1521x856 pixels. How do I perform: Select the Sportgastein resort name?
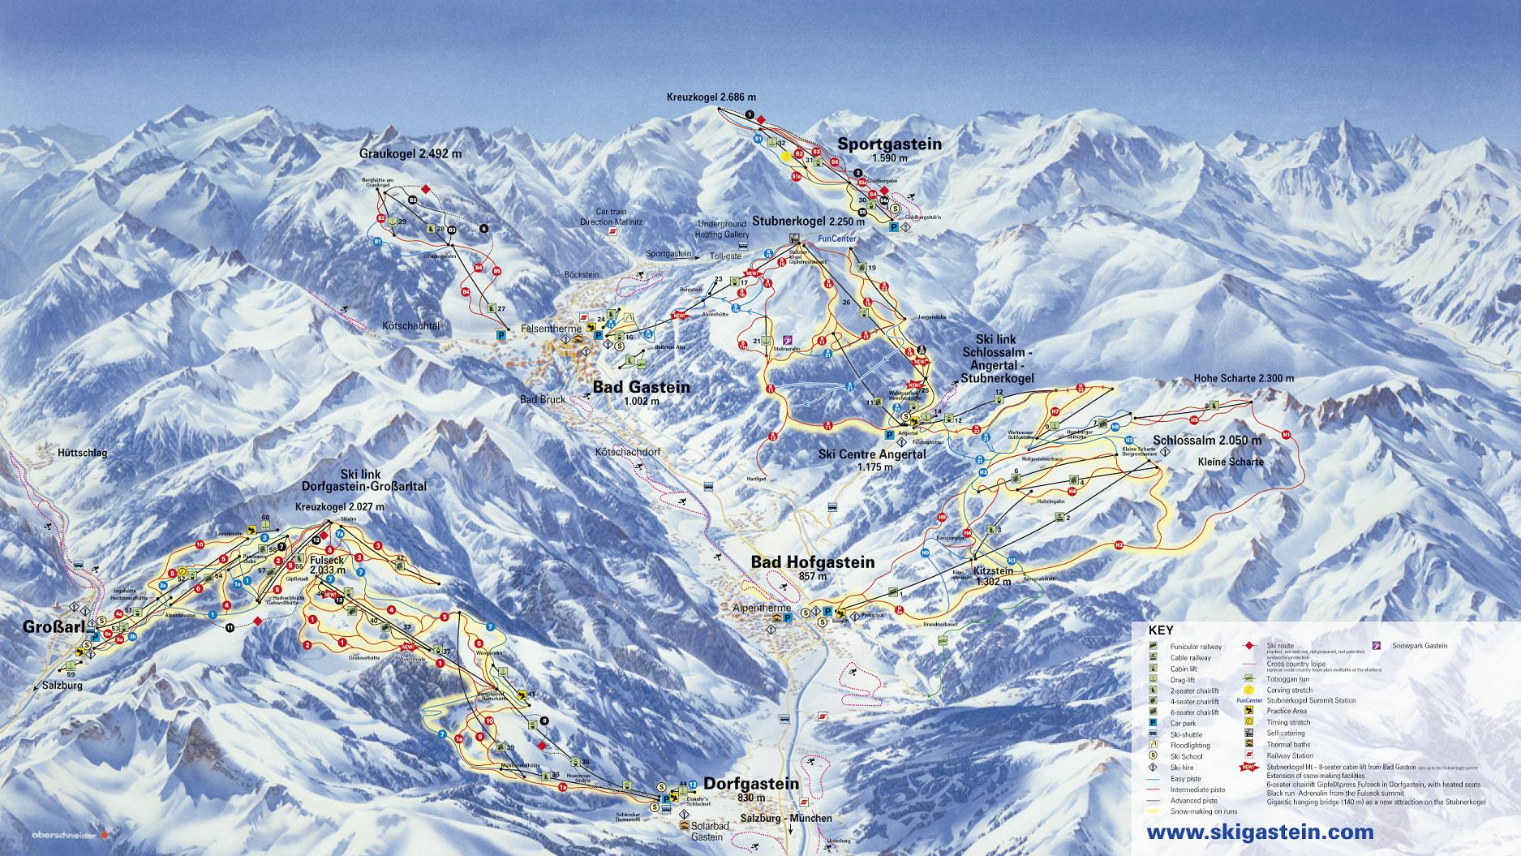(889, 144)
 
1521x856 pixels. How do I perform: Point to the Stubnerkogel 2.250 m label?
(805, 220)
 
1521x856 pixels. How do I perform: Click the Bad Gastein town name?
(641, 387)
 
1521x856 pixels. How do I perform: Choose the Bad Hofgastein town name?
(812, 561)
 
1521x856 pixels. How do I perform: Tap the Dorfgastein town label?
(751, 784)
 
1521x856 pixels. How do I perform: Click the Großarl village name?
(41, 629)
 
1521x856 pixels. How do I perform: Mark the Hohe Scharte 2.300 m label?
(1244, 378)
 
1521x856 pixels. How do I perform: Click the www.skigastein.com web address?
(1260, 832)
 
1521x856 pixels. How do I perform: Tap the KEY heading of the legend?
(1160, 630)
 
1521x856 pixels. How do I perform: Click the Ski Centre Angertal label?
(872, 454)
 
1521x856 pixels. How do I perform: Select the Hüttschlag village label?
(83, 453)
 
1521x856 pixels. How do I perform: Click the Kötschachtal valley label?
(410, 325)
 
